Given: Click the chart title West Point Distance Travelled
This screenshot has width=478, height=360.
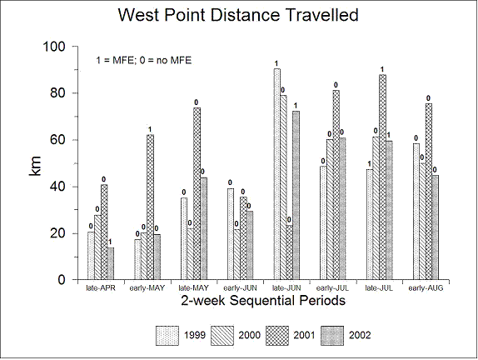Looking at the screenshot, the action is point(238,15).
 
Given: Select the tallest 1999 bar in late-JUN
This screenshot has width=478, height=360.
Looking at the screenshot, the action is point(277,174).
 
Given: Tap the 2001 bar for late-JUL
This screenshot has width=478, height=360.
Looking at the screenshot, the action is point(382,177).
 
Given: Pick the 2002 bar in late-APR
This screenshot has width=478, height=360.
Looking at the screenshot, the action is point(111,263).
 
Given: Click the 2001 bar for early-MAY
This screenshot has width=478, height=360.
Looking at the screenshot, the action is point(150,207).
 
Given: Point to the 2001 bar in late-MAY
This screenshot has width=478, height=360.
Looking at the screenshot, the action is point(197,193).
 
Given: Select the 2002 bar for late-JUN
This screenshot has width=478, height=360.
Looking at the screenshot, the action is point(296,195).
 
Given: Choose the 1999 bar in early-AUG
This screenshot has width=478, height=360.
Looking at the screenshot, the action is point(416,212).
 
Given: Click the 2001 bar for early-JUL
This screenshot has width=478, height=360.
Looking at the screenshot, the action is point(336,185).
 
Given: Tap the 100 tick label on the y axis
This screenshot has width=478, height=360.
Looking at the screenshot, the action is point(54,47).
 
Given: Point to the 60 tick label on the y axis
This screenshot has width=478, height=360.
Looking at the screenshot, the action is point(57,140).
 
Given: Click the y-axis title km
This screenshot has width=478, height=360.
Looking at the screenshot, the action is point(34,166).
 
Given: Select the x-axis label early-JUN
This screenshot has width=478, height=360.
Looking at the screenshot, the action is point(240,288).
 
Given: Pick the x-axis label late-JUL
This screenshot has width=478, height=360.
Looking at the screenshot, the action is point(379,288).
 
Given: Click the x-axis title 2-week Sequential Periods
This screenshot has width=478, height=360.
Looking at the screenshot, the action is point(263,301).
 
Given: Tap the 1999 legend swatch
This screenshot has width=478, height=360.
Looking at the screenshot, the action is point(167,336).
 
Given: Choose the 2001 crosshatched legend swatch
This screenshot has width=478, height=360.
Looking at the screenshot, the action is point(277,336).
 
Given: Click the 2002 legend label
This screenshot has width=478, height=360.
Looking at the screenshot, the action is point(360,335).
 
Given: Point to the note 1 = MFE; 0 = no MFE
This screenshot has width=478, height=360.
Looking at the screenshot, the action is point(144,60).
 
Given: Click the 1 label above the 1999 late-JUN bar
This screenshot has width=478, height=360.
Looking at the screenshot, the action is point(276,64).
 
